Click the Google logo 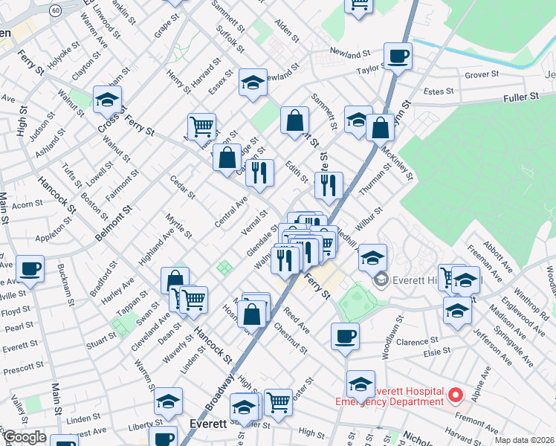pos(24,438)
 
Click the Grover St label pos(482,74)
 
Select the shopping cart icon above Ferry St pos(201,126)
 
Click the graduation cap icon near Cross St pos(107,99)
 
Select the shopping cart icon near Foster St pos(278,402)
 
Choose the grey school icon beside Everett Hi pos(381,279)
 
